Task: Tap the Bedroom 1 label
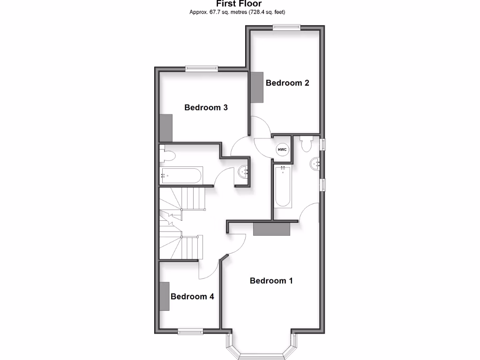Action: [271, 281]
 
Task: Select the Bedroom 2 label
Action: [287, 83]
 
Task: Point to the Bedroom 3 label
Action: [206, 107]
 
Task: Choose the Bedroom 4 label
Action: [192, 296]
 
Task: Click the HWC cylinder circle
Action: [282, 150]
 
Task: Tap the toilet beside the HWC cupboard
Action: [307, 144]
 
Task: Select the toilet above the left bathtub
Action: [168, 154]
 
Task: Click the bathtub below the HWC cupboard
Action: [283, 187]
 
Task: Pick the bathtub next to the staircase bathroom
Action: [181, 176]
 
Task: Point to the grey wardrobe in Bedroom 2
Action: [257, 87]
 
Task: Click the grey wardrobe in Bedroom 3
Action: [166, 127]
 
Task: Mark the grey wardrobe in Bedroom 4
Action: [165, 296]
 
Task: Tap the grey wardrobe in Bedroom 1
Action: [271, 229]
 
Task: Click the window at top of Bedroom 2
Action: [287, 28]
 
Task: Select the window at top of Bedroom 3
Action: [202, 69]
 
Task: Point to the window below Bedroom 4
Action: [191, 332]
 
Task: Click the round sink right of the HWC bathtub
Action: [315, 164]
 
